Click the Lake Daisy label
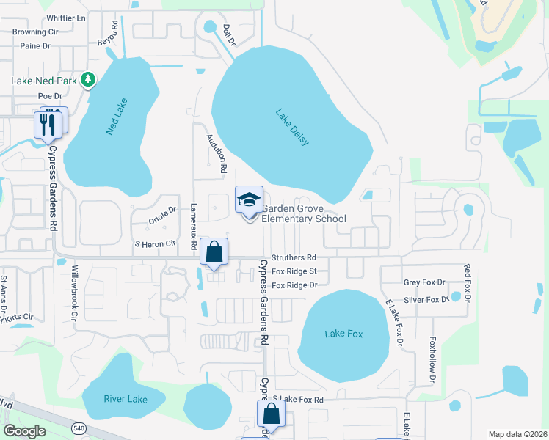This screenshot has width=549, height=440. tap(293, 128)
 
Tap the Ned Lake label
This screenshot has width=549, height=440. tap(117, 116)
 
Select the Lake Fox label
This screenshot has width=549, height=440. tap(343, 334)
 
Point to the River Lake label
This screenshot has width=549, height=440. tap(125, 400)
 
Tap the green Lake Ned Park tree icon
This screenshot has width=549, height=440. tap(89, 78)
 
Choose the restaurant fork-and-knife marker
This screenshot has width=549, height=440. tap(48, 123)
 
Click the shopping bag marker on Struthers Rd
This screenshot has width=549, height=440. tap(214, 252)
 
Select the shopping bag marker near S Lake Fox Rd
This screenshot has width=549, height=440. tap(271, 414)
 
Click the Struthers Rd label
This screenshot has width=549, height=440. tap(294, 258)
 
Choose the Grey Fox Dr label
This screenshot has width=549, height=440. tap(425, 282)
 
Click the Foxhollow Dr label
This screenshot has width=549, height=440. tap(433, 359)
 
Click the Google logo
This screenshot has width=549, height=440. tap(24, 430)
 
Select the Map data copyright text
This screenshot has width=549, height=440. tap(516, 434)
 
